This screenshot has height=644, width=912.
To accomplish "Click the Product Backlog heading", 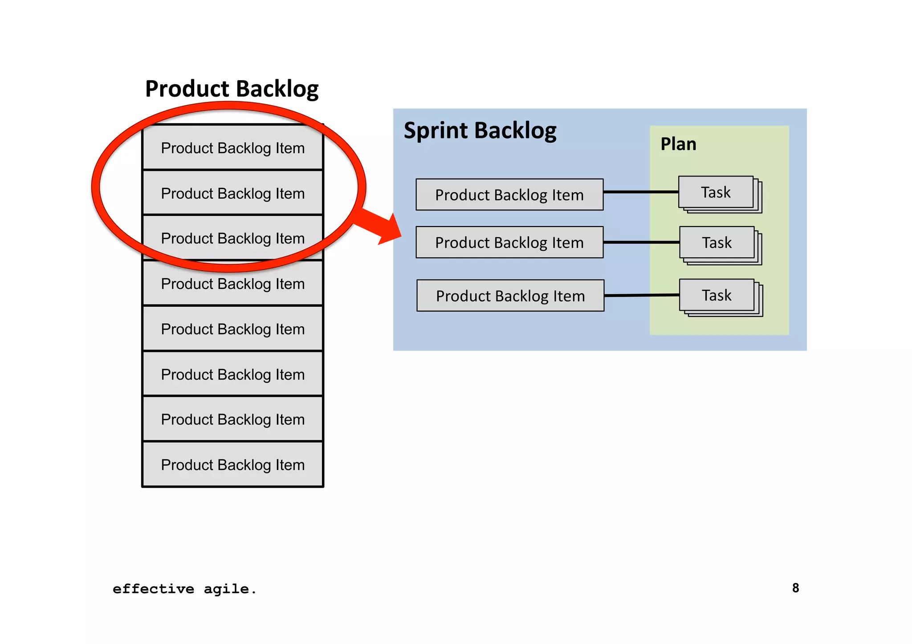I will (x=232, y=89).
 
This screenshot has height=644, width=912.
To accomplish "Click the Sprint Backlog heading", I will (x=480, y=131).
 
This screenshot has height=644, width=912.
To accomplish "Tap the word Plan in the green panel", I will (x=678, y=144).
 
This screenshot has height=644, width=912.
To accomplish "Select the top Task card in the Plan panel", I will (x=716, y=192).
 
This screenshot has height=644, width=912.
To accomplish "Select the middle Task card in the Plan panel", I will (x=717, y=243).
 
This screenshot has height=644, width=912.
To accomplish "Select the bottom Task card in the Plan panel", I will (x=717, y=295).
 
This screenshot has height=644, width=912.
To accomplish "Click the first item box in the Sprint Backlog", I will (x=509, y=195).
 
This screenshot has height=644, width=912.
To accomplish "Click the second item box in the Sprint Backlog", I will (x=509, y=243).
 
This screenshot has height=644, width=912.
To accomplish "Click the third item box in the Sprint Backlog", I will (x=510, y=296).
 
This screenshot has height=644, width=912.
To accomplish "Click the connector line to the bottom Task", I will (x=641, y=296).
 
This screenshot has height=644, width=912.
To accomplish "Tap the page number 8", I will (x=795, y=588).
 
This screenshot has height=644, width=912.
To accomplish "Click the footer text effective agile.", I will (x=184, y=589).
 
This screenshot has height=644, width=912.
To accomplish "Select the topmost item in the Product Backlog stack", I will (x=232, y=148).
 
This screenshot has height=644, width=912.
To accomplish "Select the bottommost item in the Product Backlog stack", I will (x=232, y=465).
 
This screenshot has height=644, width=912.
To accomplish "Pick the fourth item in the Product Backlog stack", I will (x=232, y=284).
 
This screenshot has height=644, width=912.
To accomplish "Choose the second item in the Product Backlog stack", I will (x=232, y=194).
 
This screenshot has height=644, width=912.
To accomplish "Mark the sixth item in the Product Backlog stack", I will (x=232, y=375).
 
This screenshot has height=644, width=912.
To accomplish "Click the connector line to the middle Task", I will (x=641, y=243).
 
